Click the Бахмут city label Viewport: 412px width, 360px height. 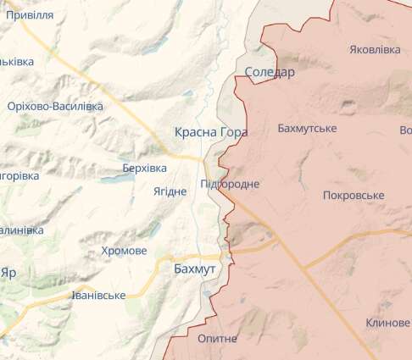194,268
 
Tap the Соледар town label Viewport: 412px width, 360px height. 269,72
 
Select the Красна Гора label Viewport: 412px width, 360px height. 211,132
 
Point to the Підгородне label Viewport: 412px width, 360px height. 231,184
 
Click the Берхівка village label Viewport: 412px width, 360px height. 144,169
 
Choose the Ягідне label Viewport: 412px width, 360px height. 170,191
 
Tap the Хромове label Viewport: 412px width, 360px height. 124,251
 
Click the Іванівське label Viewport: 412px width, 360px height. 98,295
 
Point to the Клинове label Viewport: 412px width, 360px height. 388,323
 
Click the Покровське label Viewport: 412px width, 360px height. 354,196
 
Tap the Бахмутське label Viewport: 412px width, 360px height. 307,128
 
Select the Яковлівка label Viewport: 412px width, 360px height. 374,50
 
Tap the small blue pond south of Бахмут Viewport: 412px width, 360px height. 208,294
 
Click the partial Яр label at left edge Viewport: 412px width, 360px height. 8,273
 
